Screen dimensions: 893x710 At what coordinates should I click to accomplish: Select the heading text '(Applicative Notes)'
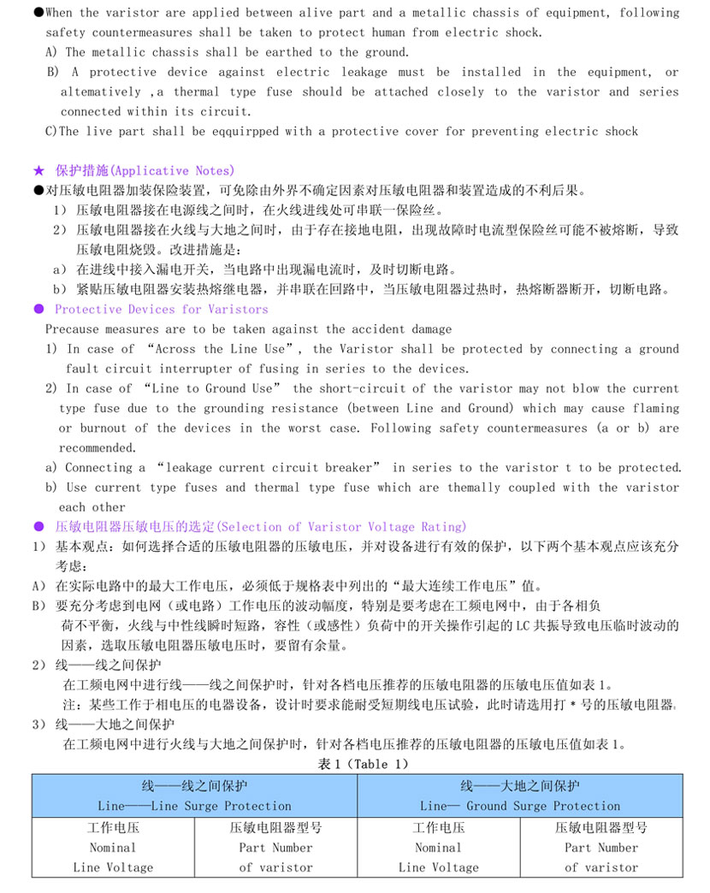(x=174, y=171)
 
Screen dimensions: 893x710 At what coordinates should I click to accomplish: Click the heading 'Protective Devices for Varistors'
(x=161, y=310)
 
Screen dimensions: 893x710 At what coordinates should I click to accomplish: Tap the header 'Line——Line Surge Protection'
(x=194, y=806)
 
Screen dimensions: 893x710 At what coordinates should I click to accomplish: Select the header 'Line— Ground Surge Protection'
(x=520, y=806)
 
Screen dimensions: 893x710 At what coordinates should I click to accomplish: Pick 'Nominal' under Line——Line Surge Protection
(x=113, y=848)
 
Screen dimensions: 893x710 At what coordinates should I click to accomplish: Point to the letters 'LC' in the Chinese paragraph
(x=524, y=625)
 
